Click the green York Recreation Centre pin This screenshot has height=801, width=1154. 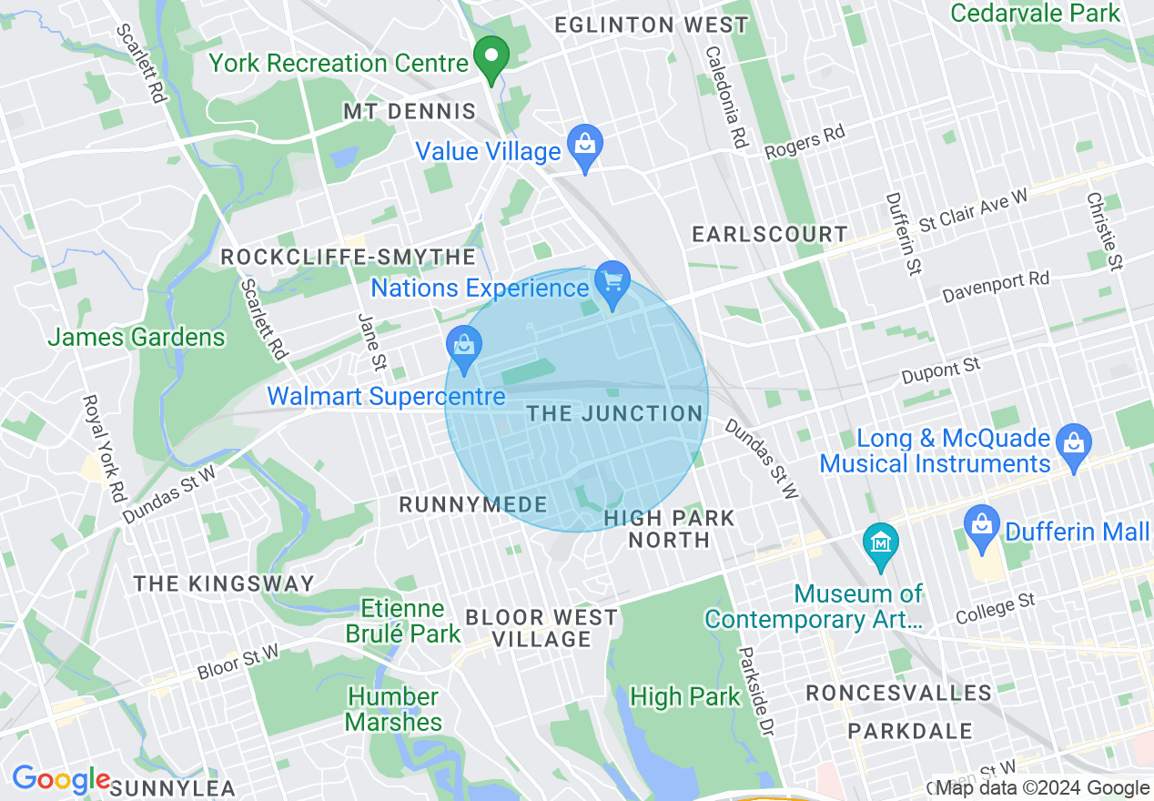492,61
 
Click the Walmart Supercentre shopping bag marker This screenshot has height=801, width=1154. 464,347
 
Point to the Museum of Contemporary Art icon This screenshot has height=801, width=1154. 880,544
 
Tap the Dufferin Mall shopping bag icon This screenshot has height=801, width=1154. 981,527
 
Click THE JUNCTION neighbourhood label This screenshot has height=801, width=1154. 614,414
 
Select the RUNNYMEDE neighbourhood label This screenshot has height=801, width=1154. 473,505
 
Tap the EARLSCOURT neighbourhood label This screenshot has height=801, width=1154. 769,235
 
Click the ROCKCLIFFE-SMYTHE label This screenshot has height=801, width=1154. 349,259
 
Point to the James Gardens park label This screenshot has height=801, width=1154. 137,338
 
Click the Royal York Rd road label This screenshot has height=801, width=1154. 103,448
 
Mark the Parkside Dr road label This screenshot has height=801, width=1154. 755,692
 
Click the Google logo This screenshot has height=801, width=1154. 60,780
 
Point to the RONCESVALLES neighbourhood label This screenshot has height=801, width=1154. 898,694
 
